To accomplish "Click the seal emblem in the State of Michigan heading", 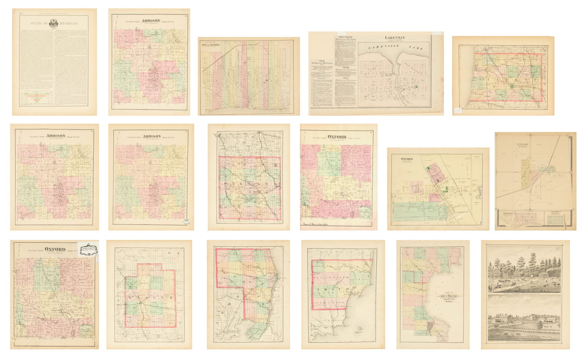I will tap(55, 24).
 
